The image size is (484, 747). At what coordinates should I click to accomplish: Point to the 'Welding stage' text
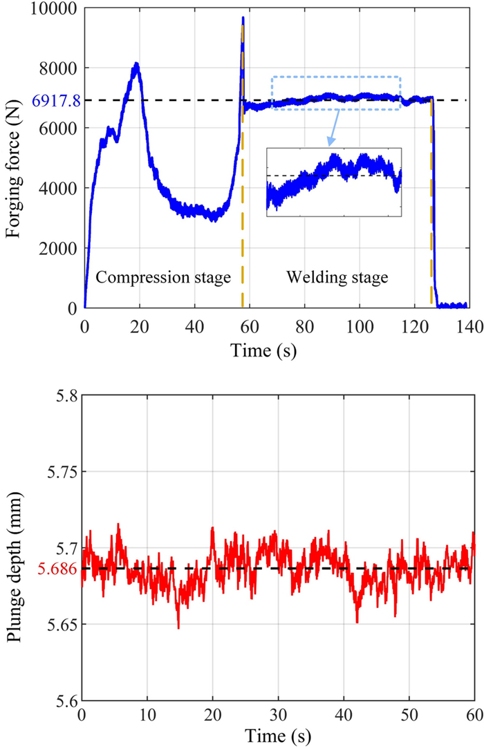point(337,278)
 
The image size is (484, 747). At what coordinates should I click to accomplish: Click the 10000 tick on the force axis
point(58,9)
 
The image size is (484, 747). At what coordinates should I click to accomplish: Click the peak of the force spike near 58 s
point(243,18)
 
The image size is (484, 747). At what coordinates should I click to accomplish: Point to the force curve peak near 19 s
point(137,65)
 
